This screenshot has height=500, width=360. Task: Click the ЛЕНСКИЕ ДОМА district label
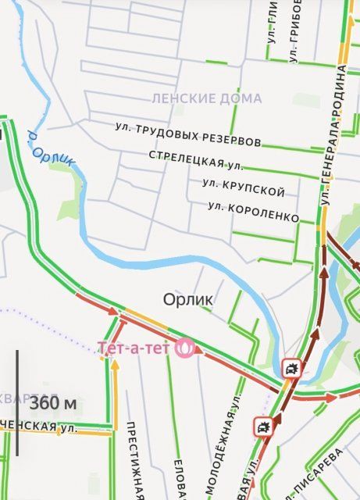207,99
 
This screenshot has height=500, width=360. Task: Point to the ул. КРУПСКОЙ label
243,187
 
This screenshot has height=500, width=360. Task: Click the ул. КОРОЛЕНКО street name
253,212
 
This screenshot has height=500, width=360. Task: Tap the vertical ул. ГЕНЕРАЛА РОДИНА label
327,141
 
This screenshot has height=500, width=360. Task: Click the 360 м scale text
53,403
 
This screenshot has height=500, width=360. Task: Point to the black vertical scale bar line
17,402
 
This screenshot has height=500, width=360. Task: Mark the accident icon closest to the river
290,369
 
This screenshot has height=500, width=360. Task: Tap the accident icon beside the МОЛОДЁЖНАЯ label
262,427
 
